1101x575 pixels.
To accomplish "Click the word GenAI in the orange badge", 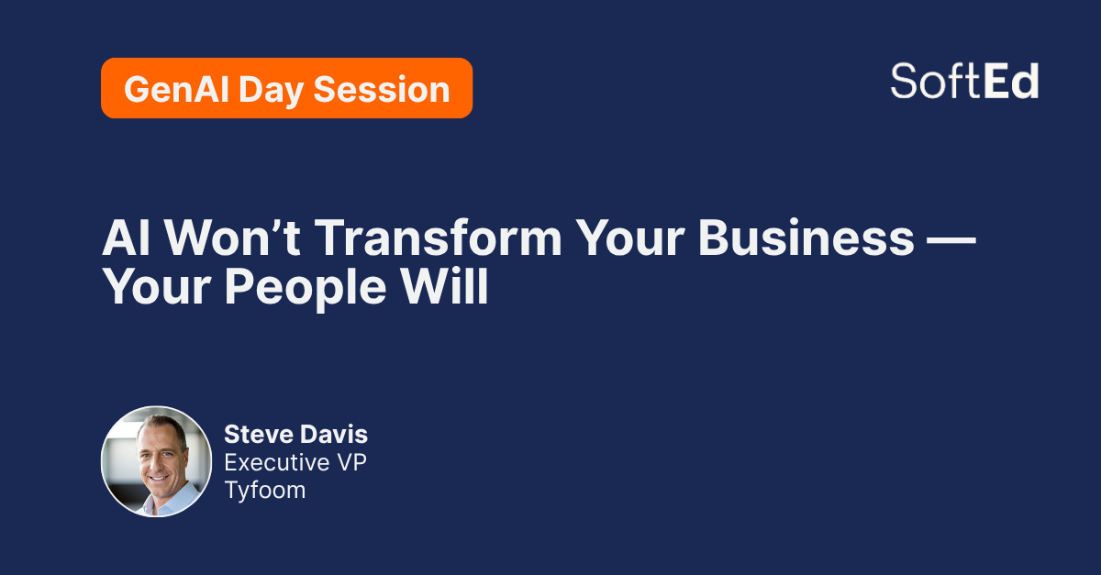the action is [176, 90].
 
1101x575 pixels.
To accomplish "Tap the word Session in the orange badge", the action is [382, 90].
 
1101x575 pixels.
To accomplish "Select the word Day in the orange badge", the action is [271, 92].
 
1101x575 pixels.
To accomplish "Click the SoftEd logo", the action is [964, 81].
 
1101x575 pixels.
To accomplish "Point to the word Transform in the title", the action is [438, 238].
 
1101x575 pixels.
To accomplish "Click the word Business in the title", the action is [806, 238].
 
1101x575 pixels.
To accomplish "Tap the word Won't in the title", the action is [232, 238].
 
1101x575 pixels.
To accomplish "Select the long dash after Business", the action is [951, 239].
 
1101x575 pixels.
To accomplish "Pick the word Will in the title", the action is [443, 286].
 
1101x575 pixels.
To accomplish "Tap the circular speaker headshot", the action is [156, 461].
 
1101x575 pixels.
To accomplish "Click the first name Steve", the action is [259, 435].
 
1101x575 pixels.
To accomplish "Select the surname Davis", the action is [334, 435].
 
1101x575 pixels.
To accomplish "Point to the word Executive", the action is [277, 462].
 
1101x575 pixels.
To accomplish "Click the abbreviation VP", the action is [352, 462].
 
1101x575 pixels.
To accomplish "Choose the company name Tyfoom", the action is [265, 491].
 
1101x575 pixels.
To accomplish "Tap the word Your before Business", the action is [630, 238].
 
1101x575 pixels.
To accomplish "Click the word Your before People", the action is [157, 287].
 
